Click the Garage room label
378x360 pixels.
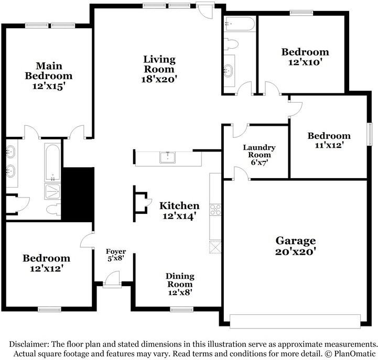pos(296,241)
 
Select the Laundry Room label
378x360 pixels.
pos(260,151)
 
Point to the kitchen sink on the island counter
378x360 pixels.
pos(167,157)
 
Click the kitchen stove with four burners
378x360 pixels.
pos(215,210)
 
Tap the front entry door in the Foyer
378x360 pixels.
pos(112,279)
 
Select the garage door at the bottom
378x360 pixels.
pos(295,321)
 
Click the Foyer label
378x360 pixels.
pos(116,252)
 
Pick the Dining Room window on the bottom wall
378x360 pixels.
pos(181,309)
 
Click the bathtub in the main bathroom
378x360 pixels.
pos(52,162)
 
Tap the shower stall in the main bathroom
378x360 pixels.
pos(52,192)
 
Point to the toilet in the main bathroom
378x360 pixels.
pos(53,210)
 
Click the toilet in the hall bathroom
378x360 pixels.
pos(231,44)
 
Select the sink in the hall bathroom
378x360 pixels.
pos(228,70)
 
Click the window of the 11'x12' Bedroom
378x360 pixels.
pos(369,134)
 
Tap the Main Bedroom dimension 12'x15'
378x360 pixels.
pos(49,86)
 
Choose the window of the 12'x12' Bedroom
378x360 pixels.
pos(49,309)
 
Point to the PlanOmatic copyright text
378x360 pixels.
pos(350,354)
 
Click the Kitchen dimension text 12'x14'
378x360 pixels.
pos(178,216)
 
